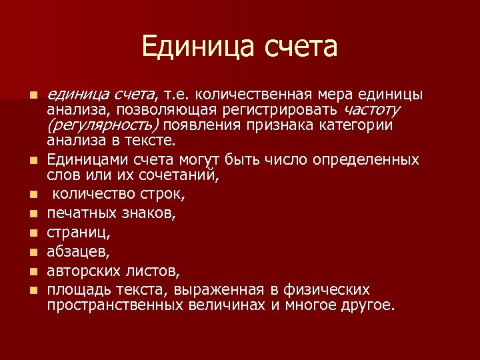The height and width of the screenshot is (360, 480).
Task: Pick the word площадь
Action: (x=78, y=290)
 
